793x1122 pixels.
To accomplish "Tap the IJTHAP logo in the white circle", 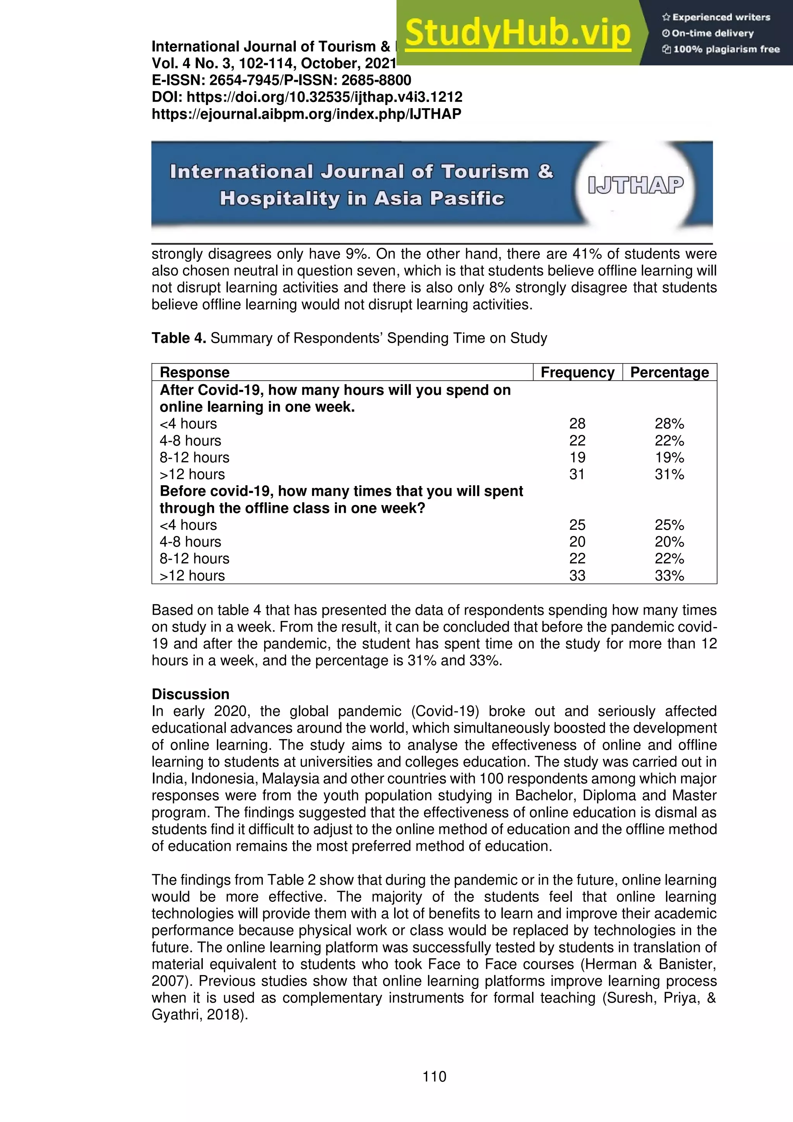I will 635,185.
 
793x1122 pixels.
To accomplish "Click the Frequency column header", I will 577,372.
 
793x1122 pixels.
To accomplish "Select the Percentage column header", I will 669,372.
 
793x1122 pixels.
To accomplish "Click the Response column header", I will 194,372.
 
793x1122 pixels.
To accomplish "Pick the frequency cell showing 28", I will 577,424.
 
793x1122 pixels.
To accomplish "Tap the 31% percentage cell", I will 669,474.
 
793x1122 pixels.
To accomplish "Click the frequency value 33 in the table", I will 577,575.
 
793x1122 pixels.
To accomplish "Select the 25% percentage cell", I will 669,525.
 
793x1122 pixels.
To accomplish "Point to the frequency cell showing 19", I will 577,457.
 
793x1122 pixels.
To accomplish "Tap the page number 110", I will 434,1076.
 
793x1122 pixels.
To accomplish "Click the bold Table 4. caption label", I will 179,338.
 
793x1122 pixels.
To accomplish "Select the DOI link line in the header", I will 307,97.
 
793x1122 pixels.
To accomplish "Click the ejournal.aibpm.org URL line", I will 306,114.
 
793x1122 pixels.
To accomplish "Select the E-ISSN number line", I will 281,80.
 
